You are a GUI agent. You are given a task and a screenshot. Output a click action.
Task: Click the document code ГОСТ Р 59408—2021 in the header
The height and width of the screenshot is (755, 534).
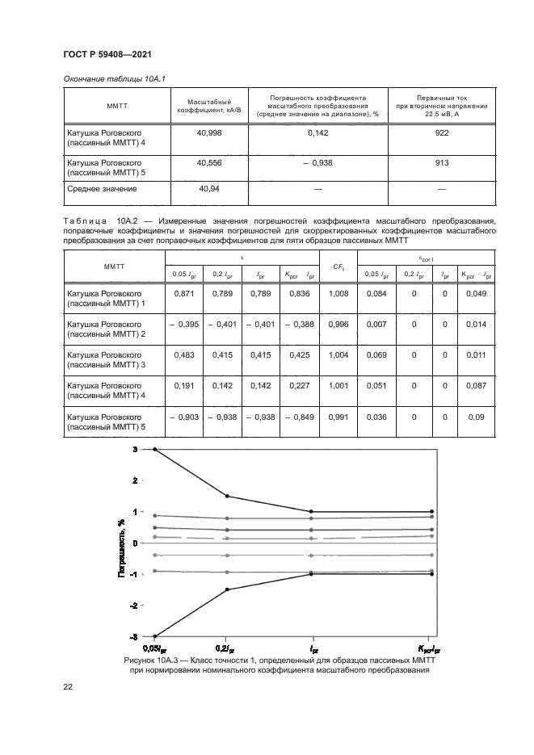[x=107, y=53]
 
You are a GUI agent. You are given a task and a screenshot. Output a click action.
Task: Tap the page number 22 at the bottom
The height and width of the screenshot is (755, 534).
[x=68, y=686]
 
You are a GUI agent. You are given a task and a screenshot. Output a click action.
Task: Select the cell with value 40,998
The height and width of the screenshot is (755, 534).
[x=209, y=133]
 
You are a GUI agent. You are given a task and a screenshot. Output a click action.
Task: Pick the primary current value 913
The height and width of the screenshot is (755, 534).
[x=442, y=162]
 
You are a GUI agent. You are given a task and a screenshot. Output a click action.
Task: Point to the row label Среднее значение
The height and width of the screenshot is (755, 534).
[x=102, y=189]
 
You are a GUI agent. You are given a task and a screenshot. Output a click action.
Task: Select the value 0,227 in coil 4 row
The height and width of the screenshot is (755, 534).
[x=298, y=387]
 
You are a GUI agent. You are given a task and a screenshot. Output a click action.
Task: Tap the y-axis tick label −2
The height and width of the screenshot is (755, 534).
[x=134, y=605]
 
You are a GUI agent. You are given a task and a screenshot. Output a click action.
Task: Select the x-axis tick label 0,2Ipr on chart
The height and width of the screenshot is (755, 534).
[x=225, y=648]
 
